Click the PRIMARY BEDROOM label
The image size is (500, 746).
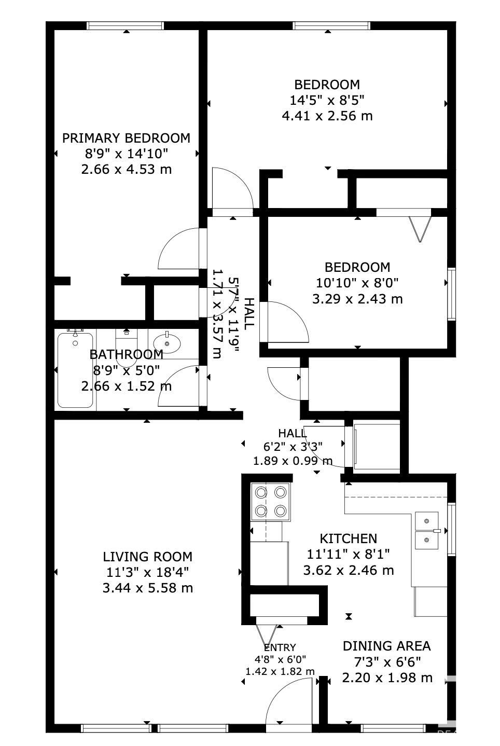(126, 138)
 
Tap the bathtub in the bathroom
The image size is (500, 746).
(75, 370)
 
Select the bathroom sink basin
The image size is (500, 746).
(167, 343)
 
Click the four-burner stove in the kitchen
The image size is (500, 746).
(271, 502)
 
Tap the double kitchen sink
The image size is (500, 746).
(427, 531)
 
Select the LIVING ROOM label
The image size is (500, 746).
(147, 557)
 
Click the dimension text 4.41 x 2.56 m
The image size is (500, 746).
(327, 116)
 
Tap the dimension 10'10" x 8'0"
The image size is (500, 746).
(357, 283)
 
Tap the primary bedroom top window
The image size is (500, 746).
(126, 25)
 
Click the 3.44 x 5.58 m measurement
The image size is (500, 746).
(147, 588)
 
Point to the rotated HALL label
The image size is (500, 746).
(249, 314)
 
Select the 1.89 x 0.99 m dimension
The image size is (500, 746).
(293, 461)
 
